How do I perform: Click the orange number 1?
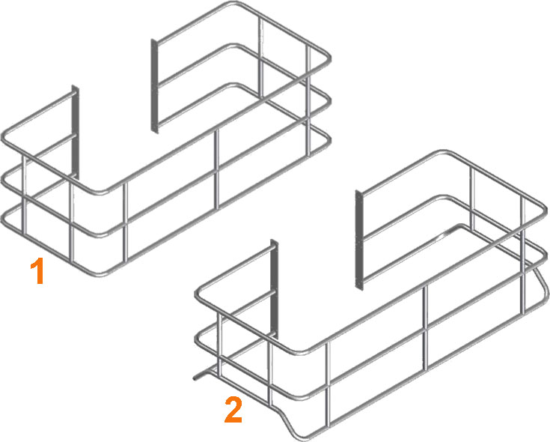pos(37,270)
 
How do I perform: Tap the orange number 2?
pos(233,410)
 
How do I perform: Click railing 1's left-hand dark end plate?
pos(76,132)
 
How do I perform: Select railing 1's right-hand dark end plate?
pos(155,86)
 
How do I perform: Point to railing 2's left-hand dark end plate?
pos(275,288)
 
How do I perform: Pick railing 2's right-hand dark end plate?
pos(359,240)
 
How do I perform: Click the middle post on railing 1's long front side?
pos(217,169)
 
